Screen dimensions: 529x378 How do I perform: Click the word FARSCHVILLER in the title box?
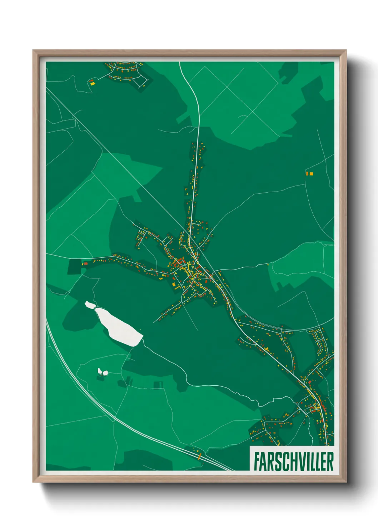[x=293, y=461]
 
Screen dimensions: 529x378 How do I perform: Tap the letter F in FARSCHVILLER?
[x=256, y=461]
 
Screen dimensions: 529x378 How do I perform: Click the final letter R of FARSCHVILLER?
[x=330, y=461]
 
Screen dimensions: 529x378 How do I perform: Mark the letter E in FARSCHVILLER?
[x=323, y=461]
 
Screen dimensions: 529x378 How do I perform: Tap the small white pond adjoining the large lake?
[x=90, y=305]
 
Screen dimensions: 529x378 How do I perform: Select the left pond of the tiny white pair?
[x=100, y=371]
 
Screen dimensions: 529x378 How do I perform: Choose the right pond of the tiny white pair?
[x=105, y=373]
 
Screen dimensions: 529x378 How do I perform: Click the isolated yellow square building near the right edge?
[x=312, y=174]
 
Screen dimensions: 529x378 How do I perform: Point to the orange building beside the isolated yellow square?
[x=307, y=174]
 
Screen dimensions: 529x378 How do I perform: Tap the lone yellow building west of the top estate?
[x=93, y=84]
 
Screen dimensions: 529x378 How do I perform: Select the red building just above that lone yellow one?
[x=91, y=80]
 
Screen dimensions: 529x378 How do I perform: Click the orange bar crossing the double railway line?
[x=199, y=456]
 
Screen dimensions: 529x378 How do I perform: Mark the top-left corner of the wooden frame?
[x=33, y=50]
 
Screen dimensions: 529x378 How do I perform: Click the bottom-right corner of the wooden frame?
[x=346, y=482]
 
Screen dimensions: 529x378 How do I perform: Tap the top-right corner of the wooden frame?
[x=346, y=50]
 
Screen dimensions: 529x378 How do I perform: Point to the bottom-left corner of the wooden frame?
[x=33, y=482]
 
